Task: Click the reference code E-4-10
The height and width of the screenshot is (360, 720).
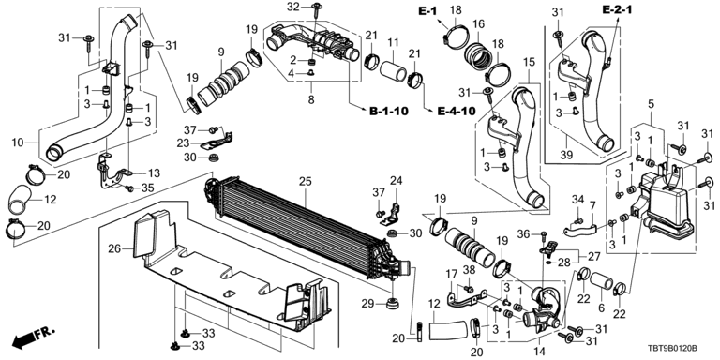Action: click(456, 112)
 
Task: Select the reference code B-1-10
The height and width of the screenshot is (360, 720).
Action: click(389, 112)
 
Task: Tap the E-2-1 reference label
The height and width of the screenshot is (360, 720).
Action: click(617, 8)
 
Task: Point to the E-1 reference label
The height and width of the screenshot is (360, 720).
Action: click(427, 11)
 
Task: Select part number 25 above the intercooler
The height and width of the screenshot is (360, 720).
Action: click(305, 181)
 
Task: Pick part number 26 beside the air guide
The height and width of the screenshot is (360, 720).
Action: click(114, 248)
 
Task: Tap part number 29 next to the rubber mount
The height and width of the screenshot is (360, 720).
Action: click(368, 303)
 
